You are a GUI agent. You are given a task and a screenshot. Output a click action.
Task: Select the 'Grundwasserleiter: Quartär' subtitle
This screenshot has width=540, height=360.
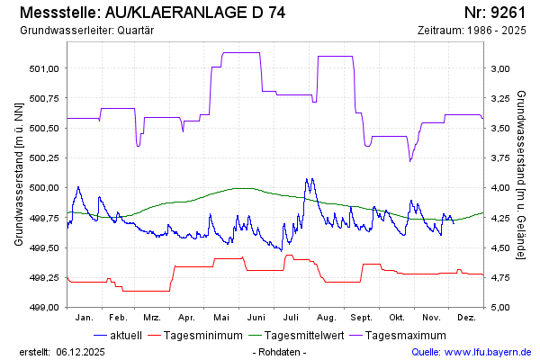(85, 31)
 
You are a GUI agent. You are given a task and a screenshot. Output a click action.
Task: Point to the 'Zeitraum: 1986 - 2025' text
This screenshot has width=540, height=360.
(472, 31)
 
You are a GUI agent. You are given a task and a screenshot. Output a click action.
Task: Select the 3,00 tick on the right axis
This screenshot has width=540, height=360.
(499, 68)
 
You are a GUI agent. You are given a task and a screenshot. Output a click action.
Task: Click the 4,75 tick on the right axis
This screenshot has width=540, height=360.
(499, 278)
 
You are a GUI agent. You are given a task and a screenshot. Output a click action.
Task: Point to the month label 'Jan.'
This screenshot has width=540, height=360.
(84, 318)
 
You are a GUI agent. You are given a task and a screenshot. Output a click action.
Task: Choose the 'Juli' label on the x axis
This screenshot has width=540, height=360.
(292, 318)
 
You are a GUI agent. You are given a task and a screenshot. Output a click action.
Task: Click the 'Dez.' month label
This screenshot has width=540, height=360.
(466, 318)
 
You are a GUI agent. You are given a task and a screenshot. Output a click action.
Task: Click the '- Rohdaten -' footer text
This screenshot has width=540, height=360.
(280, 352)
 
